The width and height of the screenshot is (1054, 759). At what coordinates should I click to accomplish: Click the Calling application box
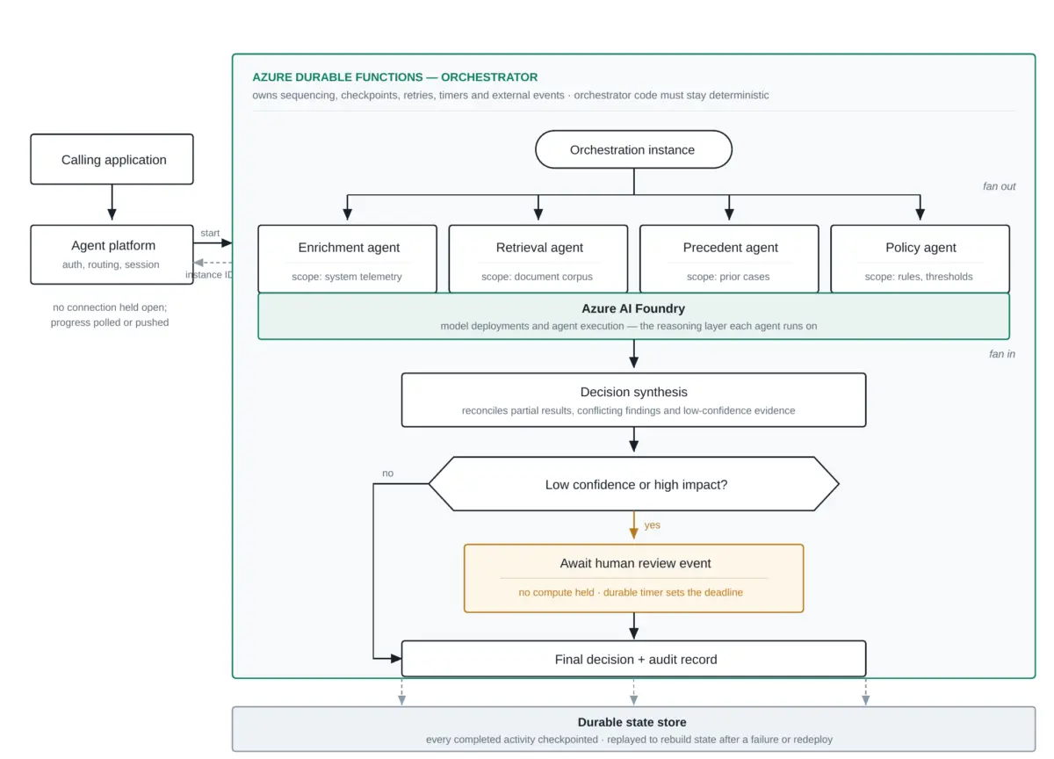click(x=112, y=159)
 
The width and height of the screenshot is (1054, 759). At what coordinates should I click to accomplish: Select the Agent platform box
click(x=112, y=255)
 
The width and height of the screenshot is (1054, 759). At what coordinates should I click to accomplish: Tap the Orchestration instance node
click(x=633, y=149)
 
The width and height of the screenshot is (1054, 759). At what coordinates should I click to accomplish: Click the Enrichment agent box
click(x=347, y=259)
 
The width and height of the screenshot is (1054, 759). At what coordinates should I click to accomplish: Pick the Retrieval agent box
click(x=538, y=259)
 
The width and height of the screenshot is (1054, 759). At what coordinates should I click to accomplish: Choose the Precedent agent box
click(x=729, y=259)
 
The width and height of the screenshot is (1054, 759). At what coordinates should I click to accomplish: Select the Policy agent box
click(x=920, y=259)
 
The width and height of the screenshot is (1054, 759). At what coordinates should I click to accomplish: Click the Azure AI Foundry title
click(x=633, y=308)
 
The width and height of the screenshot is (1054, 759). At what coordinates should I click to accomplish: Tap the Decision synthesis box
click(x=633, y=400)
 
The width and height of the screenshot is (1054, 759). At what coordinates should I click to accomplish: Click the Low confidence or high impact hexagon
click(x=633, y=484)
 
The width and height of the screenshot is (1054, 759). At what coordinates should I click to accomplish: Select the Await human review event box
click(x=633, y=578)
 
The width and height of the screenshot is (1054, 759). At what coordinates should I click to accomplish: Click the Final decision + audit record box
click(x=633, y=659)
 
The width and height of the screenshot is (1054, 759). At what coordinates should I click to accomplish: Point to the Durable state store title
click(x=632, y=722)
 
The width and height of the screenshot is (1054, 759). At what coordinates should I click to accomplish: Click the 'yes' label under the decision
click(x=652, y=525)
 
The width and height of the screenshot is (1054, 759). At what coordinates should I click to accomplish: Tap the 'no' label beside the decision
click(x=387, y=473)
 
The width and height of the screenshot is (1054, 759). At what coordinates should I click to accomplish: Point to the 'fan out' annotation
click(x=999, y=186)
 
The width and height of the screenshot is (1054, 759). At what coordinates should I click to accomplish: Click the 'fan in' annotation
click(x=1002, y=354)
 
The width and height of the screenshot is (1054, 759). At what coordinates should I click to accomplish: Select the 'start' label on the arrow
click(x=210, y=233)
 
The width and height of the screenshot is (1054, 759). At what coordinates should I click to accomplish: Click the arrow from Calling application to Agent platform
click(x=112, y=202)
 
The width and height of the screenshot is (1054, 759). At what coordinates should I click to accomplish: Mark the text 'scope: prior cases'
click(x=728, y=277)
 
